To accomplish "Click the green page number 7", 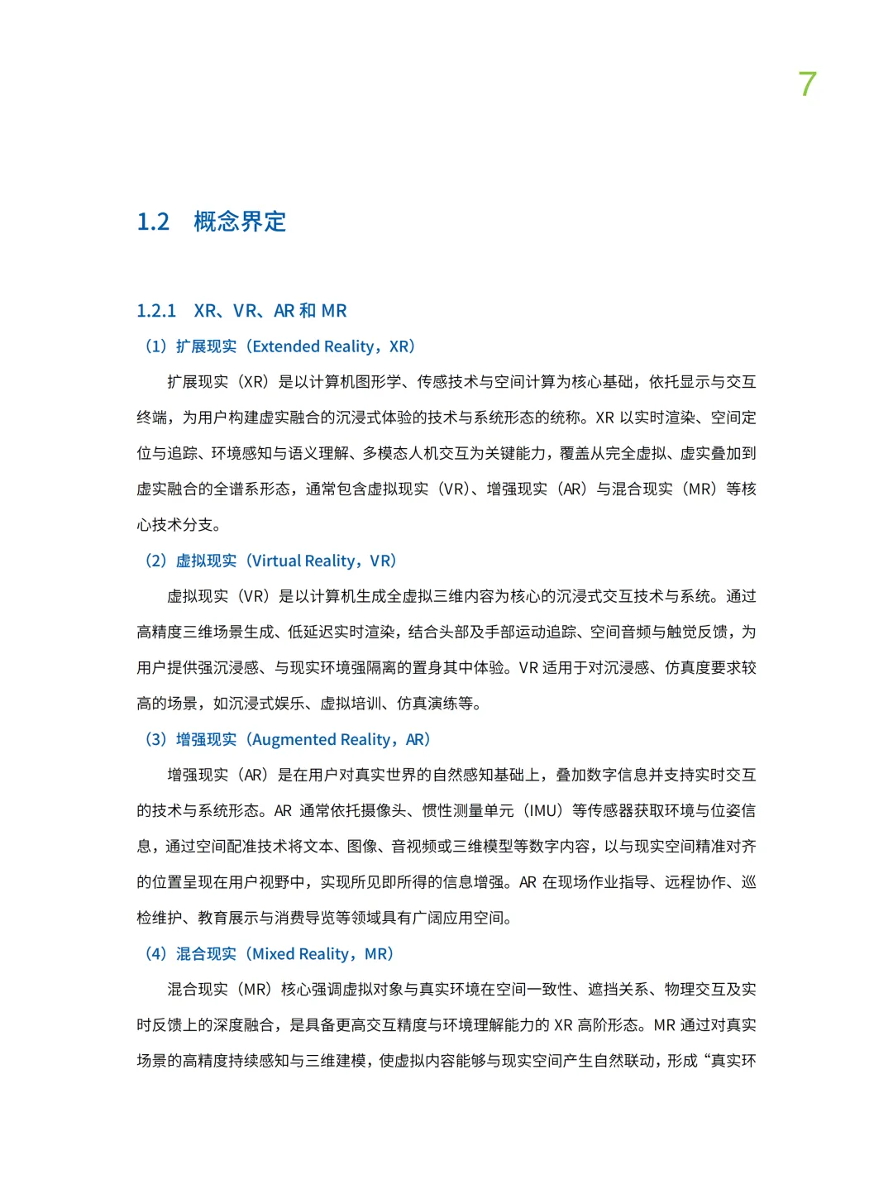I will pyautogui.click(x=808, y=84).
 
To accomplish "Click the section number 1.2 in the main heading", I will pyautogui.click(x=153, y=222).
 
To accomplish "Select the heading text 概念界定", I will pyautogui.click(x=240, y=222).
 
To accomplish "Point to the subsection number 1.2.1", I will pyautogui.click(x=156, y=311).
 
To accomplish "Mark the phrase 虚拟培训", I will pyautogui.click(x=351, y=704).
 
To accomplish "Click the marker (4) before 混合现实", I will pyautogui.click(x=156, y=953).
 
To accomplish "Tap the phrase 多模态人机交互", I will pyautogui.click(x=417, y=453).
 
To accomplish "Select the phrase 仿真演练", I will pyautogui.click(x=427, y=704).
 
